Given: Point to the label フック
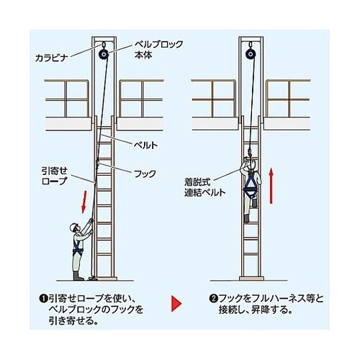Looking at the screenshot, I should tap(144, 174).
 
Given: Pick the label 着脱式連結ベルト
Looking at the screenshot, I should tap(204, 188).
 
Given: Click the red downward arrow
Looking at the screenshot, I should tap(85, 199).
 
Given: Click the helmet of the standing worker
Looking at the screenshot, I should tap(73, 228).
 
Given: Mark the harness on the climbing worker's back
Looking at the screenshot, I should tap(253, 180).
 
